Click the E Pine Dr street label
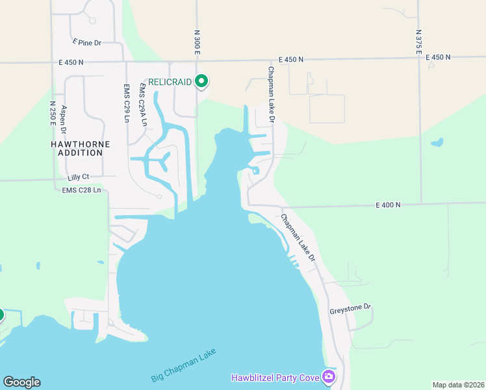(x=87, y=42)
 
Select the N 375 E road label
(x=418, y=42)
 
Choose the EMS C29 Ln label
(x=126, y=103)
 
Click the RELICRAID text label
(x=170, y=82)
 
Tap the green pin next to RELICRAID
(x=201, y=81)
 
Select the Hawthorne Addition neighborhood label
(x=80, y=148)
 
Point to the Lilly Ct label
(x=77, y=177)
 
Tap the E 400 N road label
(x=388, y=205)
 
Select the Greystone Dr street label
(x=349, y=307)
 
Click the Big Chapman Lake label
(x=183, y=366)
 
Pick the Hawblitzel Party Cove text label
(x=275, y=378)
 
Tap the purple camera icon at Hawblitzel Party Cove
(x=329, y=376)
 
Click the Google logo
(x=21, y=382)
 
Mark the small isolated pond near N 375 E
(x=437, y=142)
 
